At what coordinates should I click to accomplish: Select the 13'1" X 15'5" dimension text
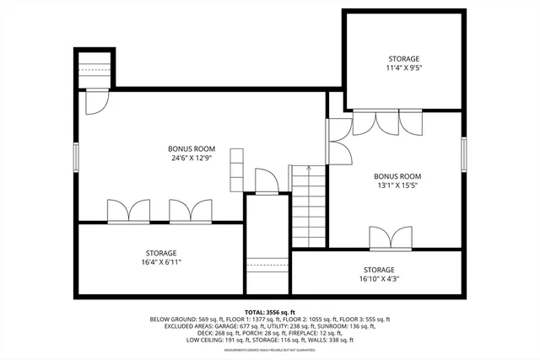pos(397,186)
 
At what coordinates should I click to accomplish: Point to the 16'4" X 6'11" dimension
pos(160,263)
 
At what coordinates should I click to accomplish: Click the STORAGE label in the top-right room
pos(403,59)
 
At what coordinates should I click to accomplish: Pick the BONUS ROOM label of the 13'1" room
pos(397,176)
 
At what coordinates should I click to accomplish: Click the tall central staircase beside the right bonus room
pos(309,207)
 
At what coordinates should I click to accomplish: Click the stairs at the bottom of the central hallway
pos(267,274)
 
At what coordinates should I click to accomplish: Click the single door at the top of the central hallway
pos(267,181)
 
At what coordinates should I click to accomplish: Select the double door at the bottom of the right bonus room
pos(391,239)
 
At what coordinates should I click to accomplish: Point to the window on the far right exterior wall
pos(463,154)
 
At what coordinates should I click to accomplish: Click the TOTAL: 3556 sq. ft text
pos(269,311)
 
